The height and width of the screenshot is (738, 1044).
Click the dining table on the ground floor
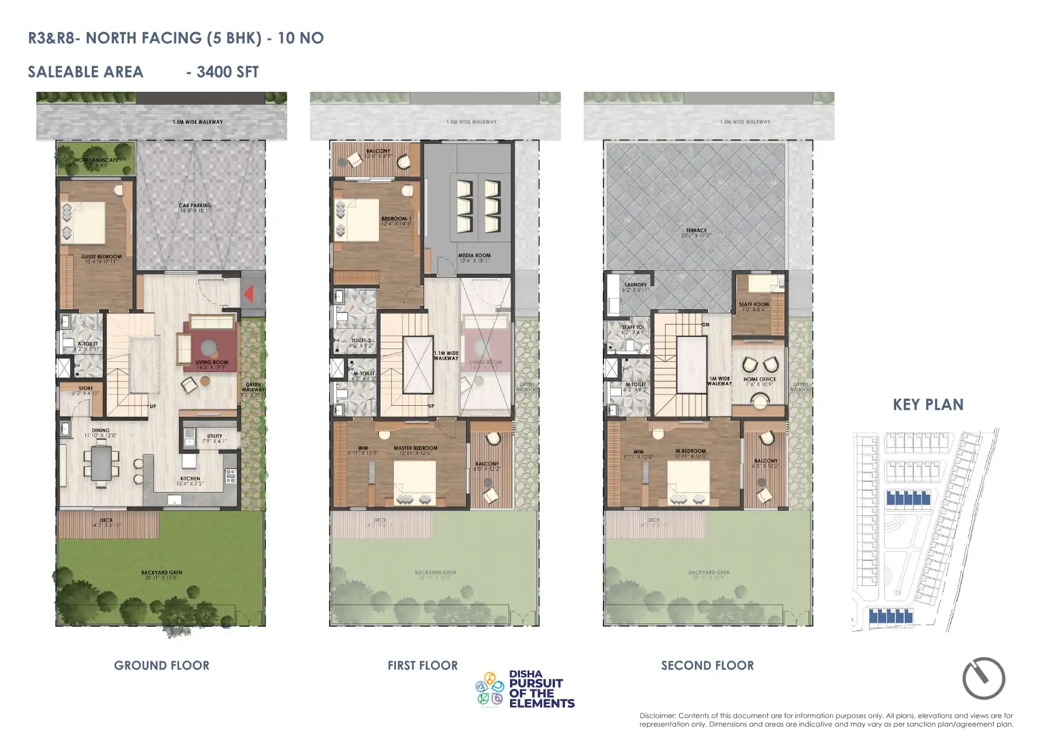coord(101,463)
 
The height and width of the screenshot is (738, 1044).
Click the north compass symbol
coord(984,678)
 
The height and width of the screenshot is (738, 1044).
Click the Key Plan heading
coord(928,405)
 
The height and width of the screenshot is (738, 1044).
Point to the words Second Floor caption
coord(707,665)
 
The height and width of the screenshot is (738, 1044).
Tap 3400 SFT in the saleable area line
coord(228,72)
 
